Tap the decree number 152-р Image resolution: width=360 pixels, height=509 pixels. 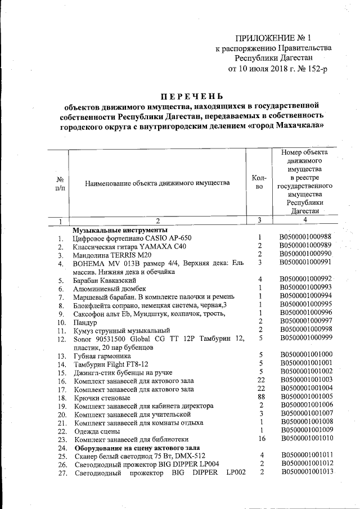tap(314, 69)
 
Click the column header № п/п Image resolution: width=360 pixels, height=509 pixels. tap(58, 182)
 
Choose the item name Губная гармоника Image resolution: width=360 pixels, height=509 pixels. tap(103, 356)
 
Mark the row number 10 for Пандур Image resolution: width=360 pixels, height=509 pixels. tap(62, 322)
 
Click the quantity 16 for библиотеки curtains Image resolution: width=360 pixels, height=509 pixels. tap(261, 438)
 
